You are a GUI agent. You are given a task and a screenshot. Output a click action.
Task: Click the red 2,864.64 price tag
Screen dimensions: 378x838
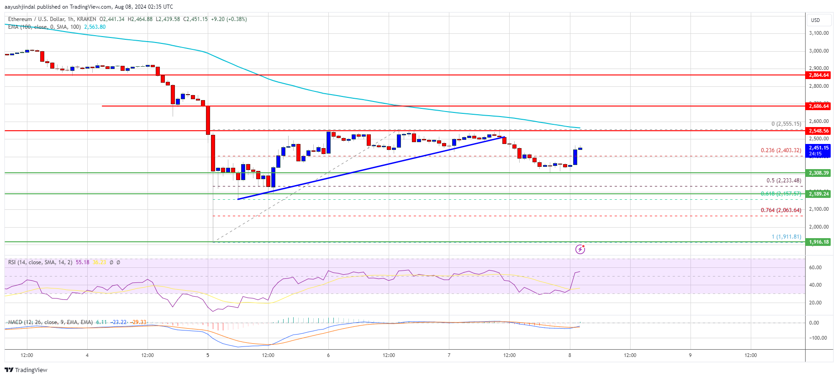click(x=818, y=75)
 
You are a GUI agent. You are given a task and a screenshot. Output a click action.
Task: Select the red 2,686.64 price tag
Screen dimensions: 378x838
click(x=818, y=106)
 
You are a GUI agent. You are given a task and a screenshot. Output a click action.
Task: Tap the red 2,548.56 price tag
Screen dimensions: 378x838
click(x=818, y=131)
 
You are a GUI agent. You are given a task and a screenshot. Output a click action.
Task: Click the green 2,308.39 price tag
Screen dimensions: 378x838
click(x=818, y=173)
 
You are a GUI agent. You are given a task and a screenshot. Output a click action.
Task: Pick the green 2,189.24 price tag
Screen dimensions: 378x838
click(x=818, y=194)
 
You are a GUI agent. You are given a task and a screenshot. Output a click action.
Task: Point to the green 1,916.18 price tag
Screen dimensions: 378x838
click(x=818, y=242)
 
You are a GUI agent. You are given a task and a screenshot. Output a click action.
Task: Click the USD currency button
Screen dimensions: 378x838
click(x=816, y=20)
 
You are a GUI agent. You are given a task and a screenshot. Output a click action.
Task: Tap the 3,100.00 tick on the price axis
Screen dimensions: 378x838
click(x=818, y=33)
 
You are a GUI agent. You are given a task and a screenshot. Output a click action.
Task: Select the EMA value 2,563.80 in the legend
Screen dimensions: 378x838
click(x=95, y=27)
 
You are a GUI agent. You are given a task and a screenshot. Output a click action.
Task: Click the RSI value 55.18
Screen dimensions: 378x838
click(x=82, y=262)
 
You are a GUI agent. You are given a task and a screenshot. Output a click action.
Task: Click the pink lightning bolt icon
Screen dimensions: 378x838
click(x=580, y=249)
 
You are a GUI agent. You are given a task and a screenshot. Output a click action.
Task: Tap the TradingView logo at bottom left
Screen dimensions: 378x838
click(x=26, y=370)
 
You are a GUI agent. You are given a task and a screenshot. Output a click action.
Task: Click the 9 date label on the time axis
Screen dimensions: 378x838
click(x=690, y=355)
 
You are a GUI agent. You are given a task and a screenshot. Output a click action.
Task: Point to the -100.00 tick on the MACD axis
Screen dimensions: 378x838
click(x=817, y=338)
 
